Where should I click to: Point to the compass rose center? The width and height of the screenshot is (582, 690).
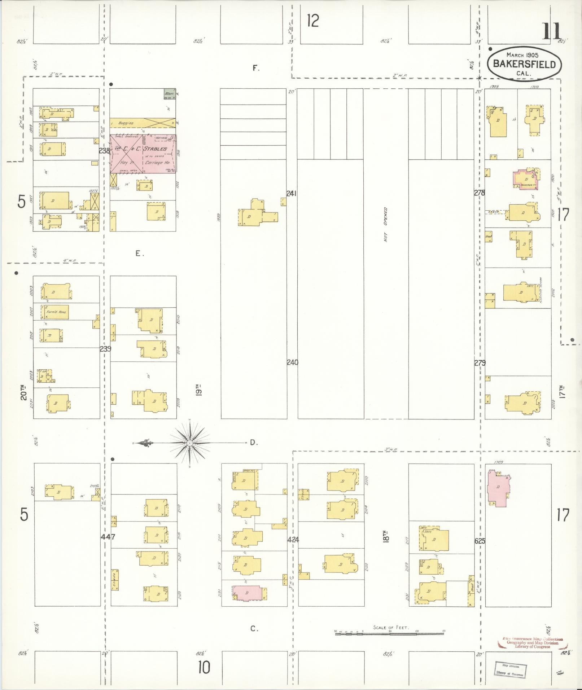[189, 442]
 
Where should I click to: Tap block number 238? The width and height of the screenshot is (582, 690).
[104, 151]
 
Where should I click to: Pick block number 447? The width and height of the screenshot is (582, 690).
[108, 537]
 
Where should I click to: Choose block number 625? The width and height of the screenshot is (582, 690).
[480, 541]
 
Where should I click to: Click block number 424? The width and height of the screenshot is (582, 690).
[293, 540]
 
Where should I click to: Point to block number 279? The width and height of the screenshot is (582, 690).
[480, 363]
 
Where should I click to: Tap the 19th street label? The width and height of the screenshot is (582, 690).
[198, 390]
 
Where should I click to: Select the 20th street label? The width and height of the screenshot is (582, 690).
[24, 392]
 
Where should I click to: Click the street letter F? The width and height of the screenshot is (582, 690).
[256, 68]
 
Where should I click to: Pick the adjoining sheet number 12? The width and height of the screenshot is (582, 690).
[313, 21]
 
